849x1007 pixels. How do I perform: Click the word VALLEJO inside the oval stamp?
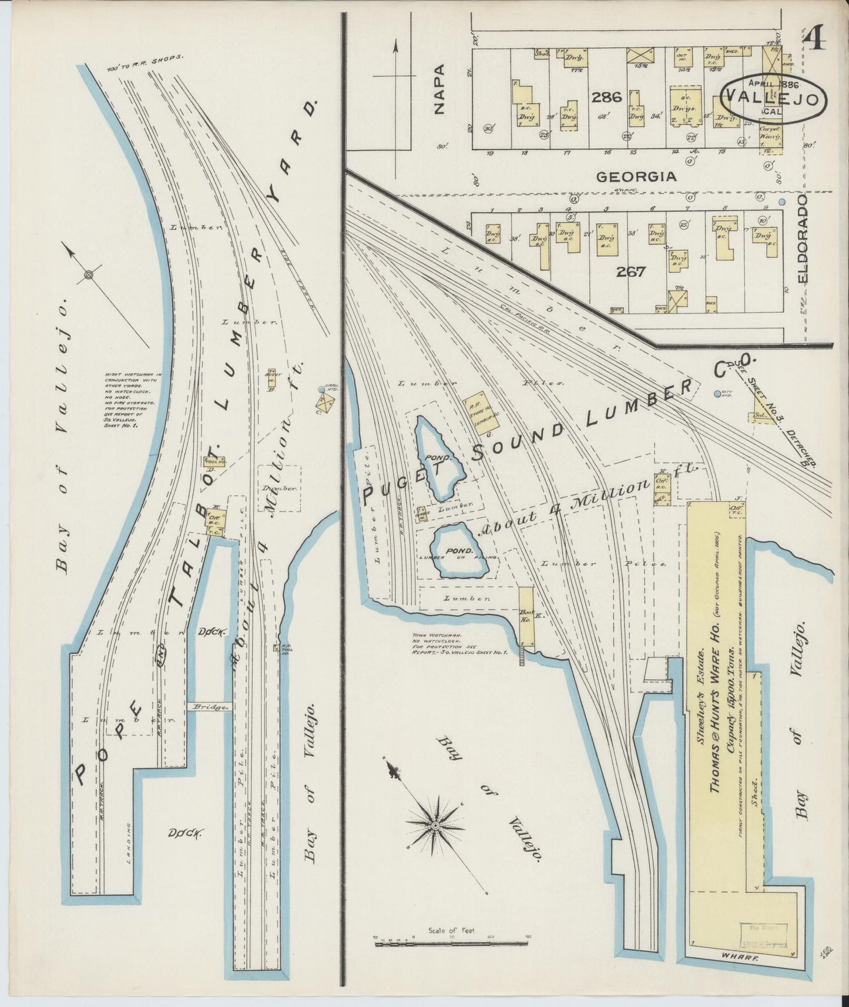pyautogui.click(x=773, y=99)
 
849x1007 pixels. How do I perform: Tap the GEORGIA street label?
pyautogui.click(x=636, y=176)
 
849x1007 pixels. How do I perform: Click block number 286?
pyautogui.click(x=606, y=96)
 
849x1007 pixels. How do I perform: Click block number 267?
pyautogui.click(x=631, y=271)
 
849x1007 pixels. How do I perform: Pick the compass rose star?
pyautogui.click(x=435, y=826)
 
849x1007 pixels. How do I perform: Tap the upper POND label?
pyautogui.click(x=441, y=456)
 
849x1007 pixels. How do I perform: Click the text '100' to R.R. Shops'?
pyautogui.click(x=146, y=63)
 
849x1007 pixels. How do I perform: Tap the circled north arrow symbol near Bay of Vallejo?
pyautogui.click(x=89, y=274)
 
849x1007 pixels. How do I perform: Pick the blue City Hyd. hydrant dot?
pyautogui.click(x=717, y=394)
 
